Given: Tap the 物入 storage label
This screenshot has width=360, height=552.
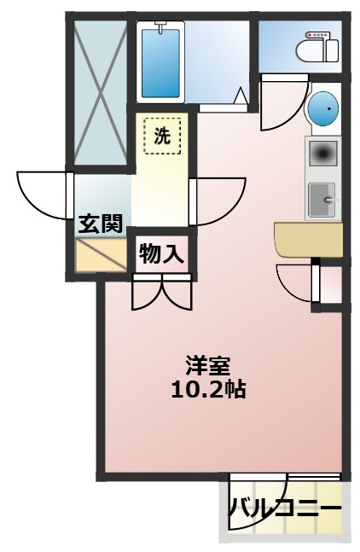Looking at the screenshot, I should pyautogui.click(x=162, y=253).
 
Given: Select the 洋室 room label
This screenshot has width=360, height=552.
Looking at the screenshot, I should pyautogui.click(x=208, y=364).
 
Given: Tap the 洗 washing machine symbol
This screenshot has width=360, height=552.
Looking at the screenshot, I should pyautogui.click(x=161, y=135).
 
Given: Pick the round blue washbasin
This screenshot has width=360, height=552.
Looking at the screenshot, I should pyautogui.click(x=322, y=109).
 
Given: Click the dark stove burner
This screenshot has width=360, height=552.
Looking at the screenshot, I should pyautogui.click(x=322, y=154).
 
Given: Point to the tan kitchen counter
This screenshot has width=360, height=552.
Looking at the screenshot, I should pyautogui.click(x=307, y=239).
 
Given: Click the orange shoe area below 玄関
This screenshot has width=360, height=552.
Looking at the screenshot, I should pyautogui.click(x=101, y=253).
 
